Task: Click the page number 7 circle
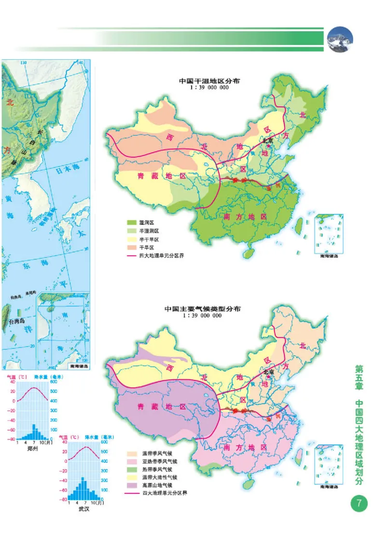(359, 504)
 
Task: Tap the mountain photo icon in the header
(340, 39)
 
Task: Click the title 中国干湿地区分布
(209, 81)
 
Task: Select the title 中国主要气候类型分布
(203, 308)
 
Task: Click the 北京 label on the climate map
(268, 372)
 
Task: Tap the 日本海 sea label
(67, 170)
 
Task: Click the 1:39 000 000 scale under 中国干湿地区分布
(209, 88)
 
